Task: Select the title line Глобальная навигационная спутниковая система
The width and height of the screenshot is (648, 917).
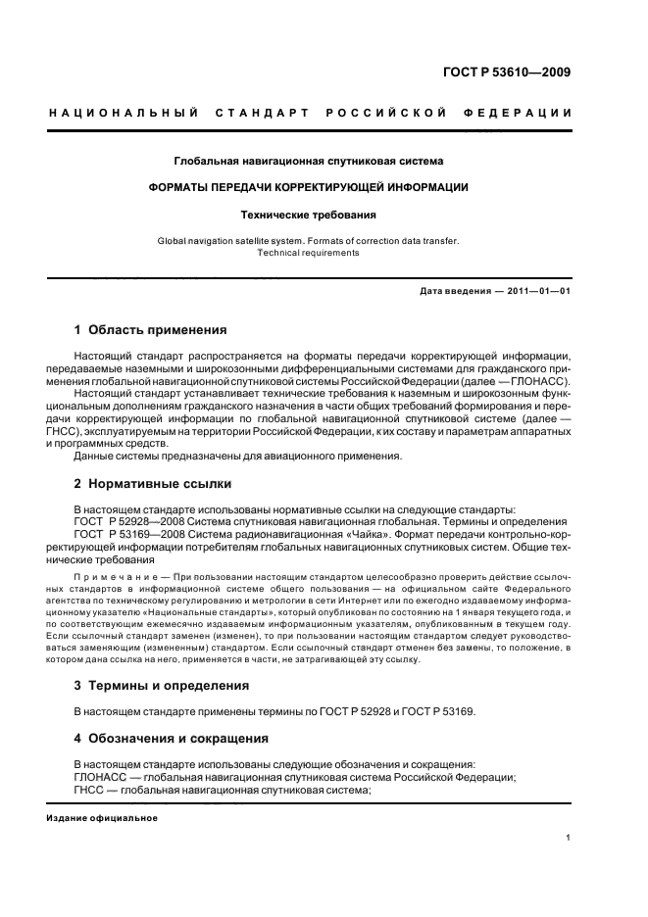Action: click(309, 160)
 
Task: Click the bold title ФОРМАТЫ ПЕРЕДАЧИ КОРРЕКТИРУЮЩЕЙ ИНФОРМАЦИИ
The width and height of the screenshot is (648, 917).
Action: click(309, 186)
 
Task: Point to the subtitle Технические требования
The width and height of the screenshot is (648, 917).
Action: click(309, 213)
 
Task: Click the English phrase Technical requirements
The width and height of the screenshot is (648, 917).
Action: click(309, 253)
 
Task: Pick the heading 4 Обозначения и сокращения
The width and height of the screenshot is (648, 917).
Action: click(172, 738)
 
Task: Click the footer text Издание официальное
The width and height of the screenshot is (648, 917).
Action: click(102, 818)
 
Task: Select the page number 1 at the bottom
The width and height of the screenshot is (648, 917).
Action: click(568, 838)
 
